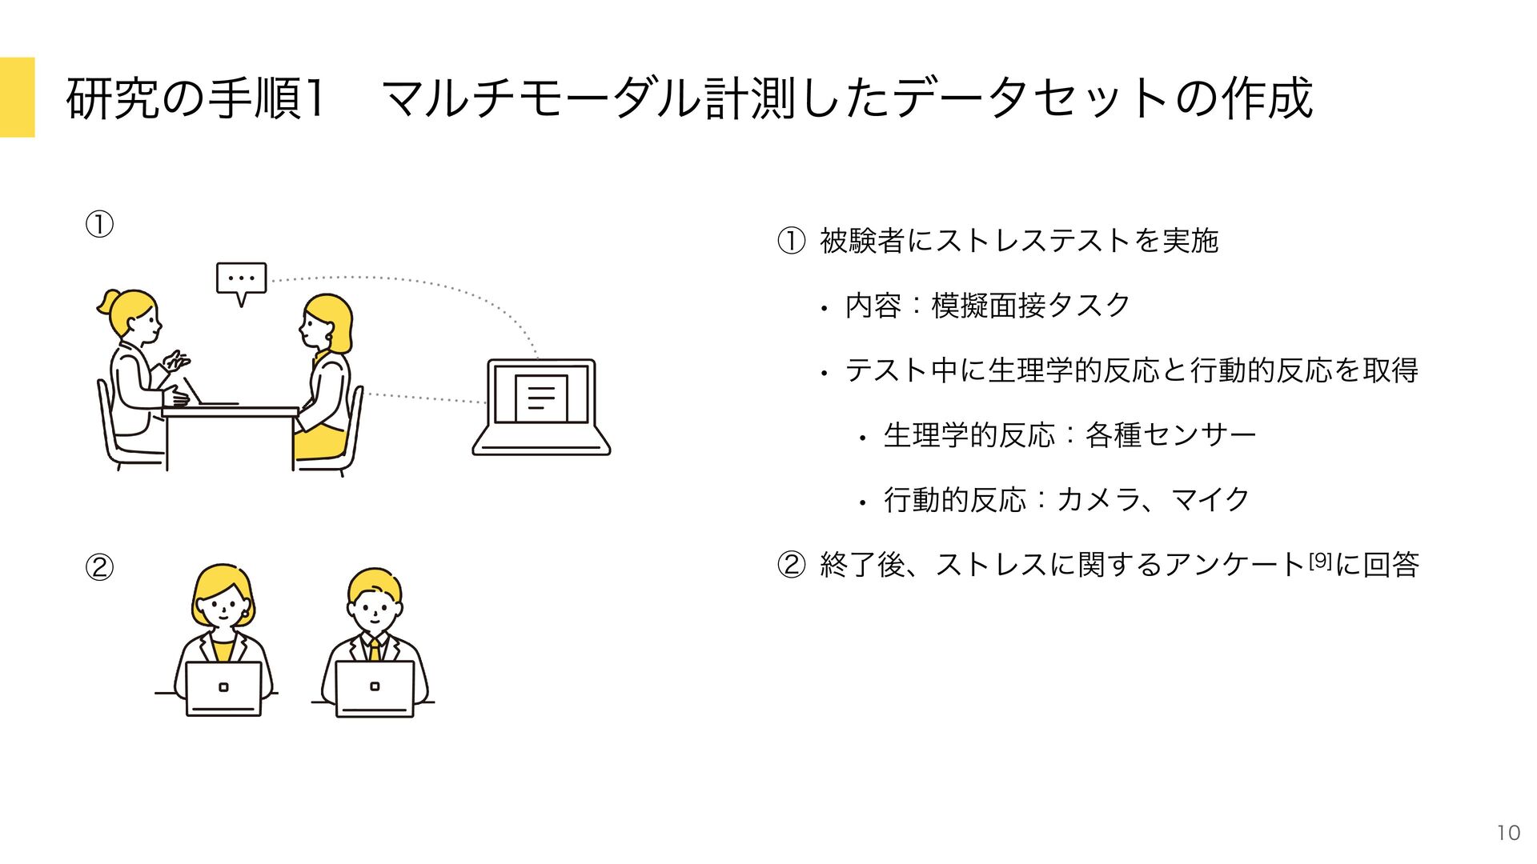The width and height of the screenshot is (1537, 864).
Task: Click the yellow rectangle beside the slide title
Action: coord(17,97)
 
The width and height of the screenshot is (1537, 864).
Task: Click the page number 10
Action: coord(1508,833)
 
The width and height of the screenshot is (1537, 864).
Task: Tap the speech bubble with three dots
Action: coord(241,279)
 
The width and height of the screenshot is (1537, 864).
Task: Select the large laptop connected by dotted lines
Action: coord(542,407)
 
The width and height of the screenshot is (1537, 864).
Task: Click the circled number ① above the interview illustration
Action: coord(99,225)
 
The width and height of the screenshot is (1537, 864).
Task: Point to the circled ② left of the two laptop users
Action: coord(99,567)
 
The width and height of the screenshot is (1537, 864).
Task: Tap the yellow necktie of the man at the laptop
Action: coord(374,649)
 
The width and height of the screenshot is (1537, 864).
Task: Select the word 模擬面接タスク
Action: coord(1030,305)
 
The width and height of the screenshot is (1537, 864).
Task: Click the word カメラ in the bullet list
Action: coord(1098,499)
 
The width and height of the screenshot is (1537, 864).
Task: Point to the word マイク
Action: coord(1210,499)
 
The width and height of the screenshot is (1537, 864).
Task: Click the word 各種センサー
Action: coord(1170,434)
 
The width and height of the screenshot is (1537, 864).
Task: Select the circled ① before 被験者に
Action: coord(791,241)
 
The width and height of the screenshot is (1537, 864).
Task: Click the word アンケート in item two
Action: coord(1234,565)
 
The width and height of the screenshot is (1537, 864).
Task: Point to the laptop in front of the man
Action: coord(375,689)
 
